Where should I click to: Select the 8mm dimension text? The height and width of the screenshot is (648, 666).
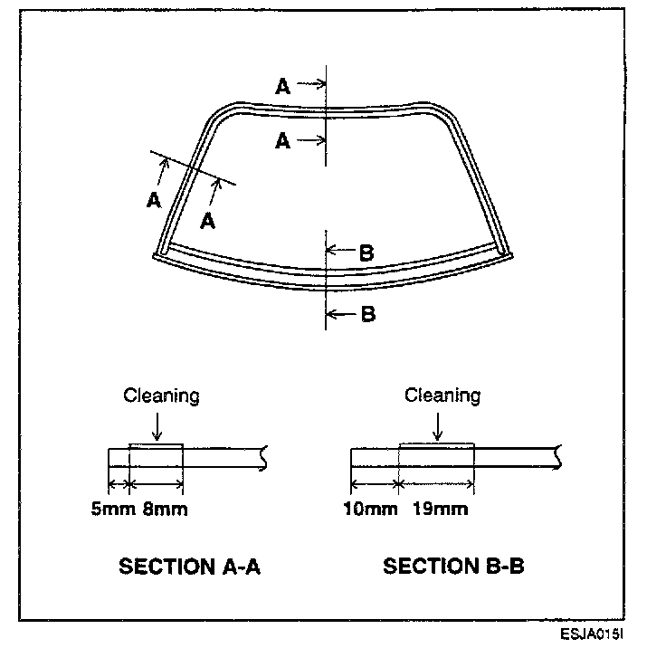click(x=166, y=509)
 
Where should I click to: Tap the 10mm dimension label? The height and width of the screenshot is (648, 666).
click(x=371, y=509)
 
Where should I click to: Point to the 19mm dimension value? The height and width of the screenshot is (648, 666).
click(x=440, y=509)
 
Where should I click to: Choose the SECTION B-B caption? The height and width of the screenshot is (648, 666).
click(x=453, y=567)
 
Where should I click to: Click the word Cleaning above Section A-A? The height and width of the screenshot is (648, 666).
click(x=161, y=395)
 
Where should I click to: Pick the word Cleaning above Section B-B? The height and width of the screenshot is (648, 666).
click(x=442, y=395)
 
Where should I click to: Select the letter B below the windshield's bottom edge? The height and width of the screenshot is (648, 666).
click(x=367, y=314)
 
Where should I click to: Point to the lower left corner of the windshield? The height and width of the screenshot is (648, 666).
click(x=161, y=253)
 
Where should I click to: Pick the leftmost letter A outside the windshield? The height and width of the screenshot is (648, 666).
click(x=153, y=200)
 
